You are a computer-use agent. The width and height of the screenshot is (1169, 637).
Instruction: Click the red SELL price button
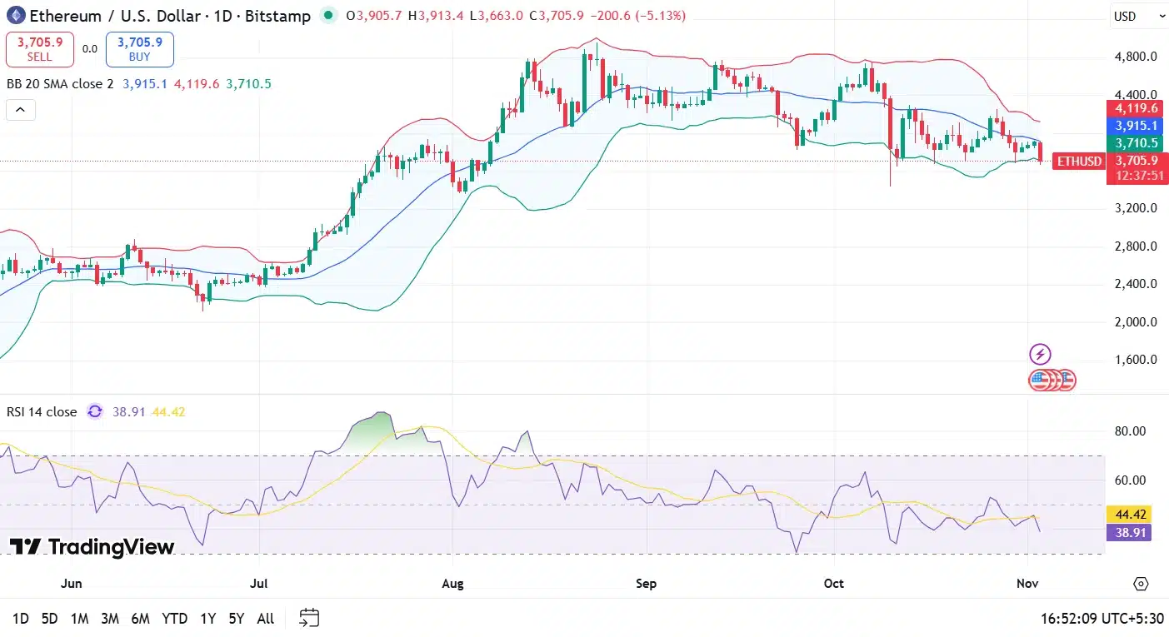coord(39,49)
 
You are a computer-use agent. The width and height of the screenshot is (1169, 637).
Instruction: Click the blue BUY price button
coord(139,49)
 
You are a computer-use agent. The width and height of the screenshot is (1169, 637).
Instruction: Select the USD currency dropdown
coord(1137,16)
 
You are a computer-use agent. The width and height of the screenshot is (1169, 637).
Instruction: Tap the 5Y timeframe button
coord(237,618)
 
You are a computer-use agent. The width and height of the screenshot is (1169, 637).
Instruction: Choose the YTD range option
coord(174,618)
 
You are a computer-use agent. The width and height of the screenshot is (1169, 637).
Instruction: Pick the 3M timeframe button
coord(109,618)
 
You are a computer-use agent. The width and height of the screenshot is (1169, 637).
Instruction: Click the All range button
coord(265,618)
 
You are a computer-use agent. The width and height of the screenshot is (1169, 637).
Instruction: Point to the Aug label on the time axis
coord(452,583)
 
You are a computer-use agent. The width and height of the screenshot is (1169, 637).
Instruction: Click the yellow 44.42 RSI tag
coord(1127,514)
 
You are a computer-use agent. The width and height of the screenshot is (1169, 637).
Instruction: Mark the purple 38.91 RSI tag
coord(1127,531)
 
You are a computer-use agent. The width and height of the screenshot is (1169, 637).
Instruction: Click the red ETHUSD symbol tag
coord(1078,162)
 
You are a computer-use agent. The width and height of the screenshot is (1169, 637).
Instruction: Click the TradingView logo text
coord(92,547)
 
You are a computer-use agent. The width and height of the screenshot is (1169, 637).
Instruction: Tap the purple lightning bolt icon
coord(1040,355)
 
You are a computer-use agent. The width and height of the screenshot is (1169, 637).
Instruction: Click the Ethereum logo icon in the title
coord(16,15)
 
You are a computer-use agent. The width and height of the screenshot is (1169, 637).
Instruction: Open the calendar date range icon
coord(309,618)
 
